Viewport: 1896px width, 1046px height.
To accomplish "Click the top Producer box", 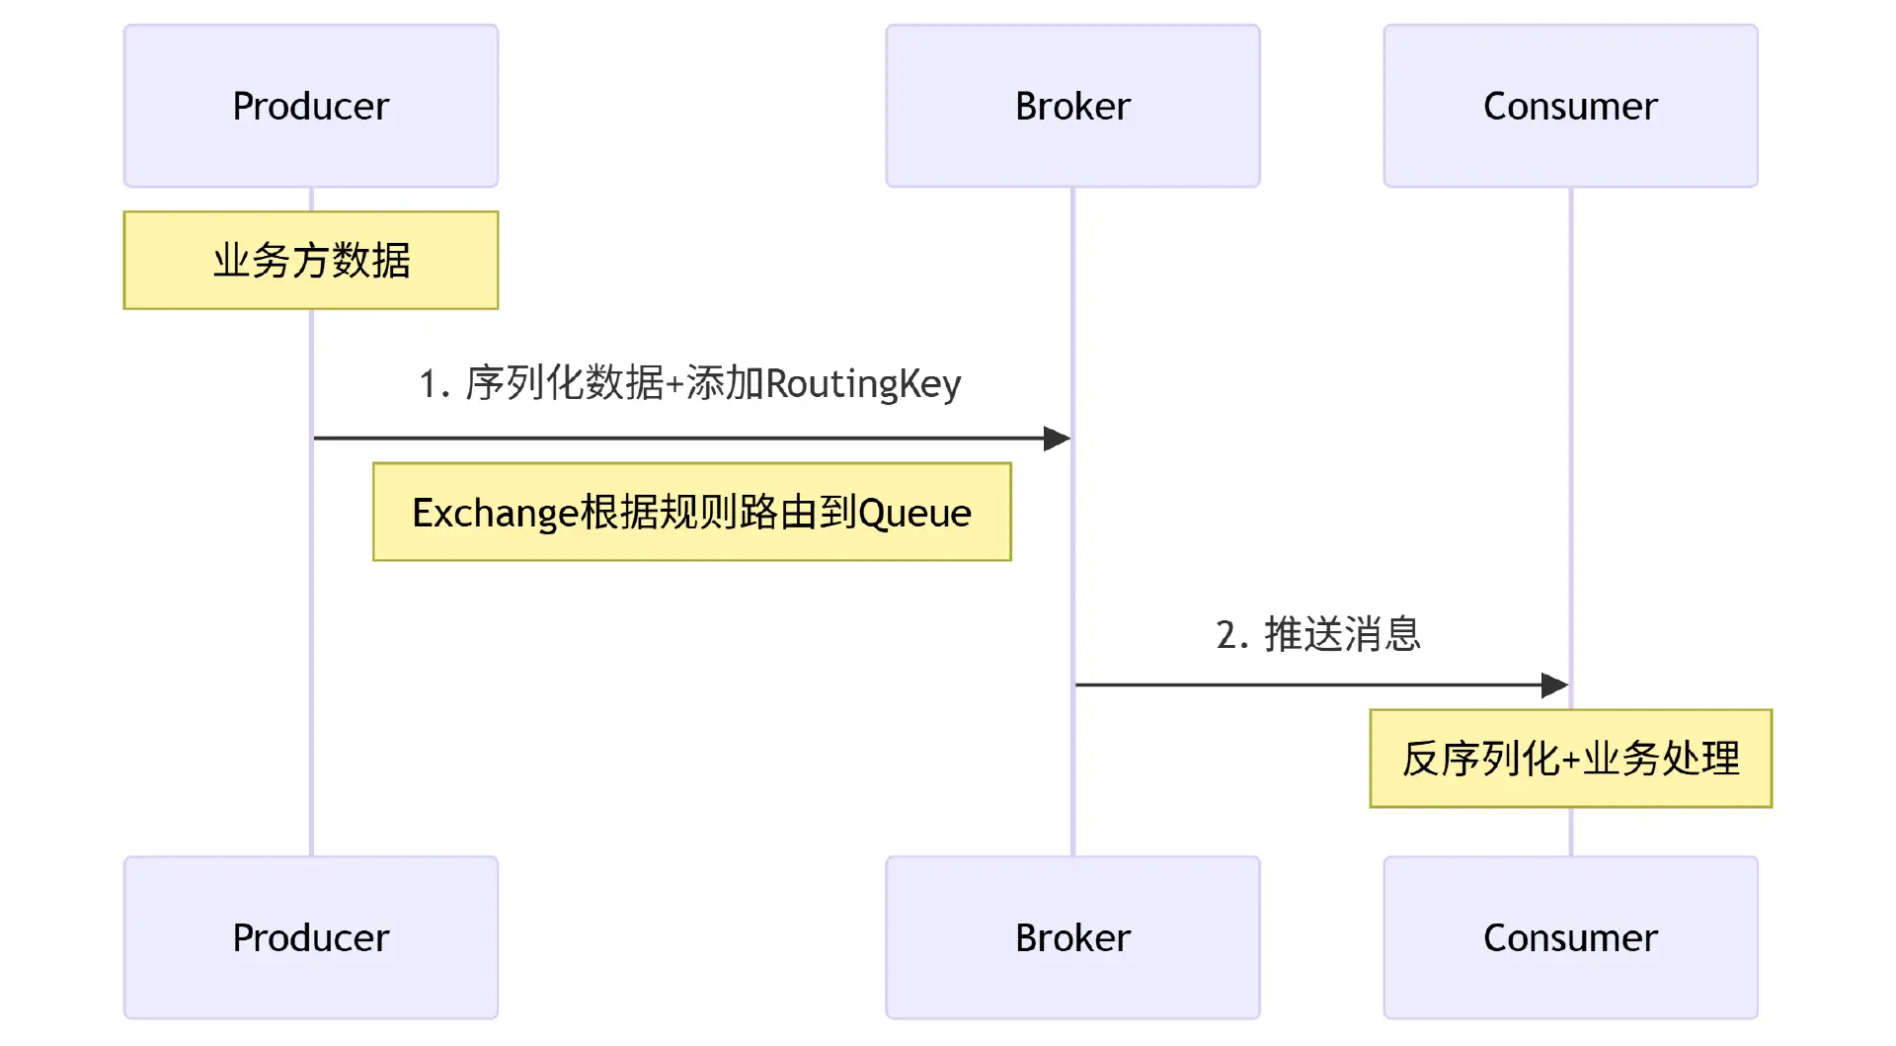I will click(x=311, y=106).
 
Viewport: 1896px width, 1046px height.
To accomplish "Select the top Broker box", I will click(x=1072, y=106).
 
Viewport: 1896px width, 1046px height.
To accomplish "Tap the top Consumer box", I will click(x=1570, y=106).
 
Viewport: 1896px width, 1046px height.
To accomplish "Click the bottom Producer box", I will click(x=311, y=937).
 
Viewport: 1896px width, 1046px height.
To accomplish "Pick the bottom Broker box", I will click(x=1072, y=937).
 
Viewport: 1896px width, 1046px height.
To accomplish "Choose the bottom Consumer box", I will click(x=1570, y=937).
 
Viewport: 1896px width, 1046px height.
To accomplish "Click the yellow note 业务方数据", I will click(x=311, y=261).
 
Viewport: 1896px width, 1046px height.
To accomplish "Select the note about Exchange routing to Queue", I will click(x=691, y=513).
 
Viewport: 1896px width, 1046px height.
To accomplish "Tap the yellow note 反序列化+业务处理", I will click(x=1570, y=759).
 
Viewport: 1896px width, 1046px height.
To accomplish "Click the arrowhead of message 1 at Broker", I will click(x=1059, y=439).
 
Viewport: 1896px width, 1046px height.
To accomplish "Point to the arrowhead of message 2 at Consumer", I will click(x=1556, y=684).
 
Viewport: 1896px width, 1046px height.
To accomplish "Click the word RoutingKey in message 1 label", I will click(x=863, y=384).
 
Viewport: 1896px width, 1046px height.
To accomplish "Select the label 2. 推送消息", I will click(x=1318, y=634).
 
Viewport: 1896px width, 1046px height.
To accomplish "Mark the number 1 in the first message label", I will click(x=428, y=384).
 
